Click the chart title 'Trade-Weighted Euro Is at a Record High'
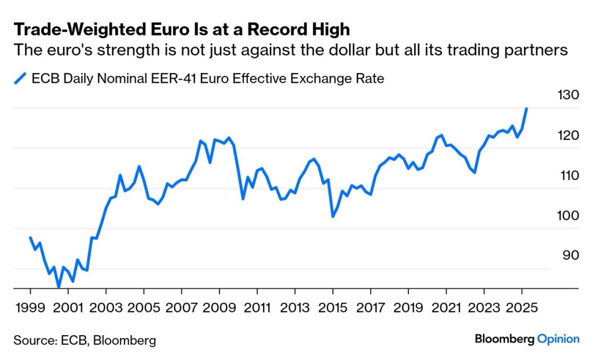[182, 29]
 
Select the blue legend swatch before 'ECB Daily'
[21, 78]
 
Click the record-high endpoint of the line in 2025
[526, 108]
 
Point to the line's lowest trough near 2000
[58, 286]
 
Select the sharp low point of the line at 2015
[333, 216]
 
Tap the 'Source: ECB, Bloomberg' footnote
[85, 340]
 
